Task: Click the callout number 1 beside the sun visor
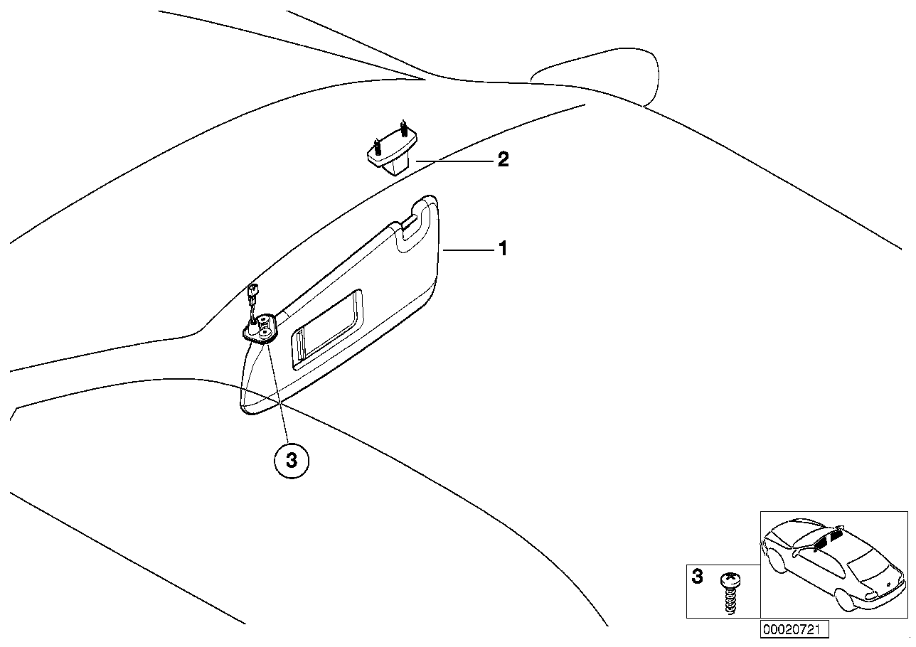pos(503,249)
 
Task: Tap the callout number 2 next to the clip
pos(503,160)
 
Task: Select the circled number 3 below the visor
pos(291,461)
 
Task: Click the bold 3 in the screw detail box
pos(697,577)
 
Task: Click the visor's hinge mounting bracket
pos(262,328)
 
